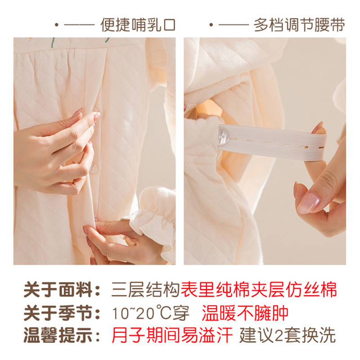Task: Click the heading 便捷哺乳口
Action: coord(138,25)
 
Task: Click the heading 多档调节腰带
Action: coord(299,25)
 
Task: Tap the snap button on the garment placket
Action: coord(94,169)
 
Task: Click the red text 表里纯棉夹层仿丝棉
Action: coord(259,290)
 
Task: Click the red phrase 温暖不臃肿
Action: coord(245,313)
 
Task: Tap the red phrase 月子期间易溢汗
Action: coord(173,335)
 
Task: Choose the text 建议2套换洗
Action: coord(288,335)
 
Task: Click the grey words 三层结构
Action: coord(145,290)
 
